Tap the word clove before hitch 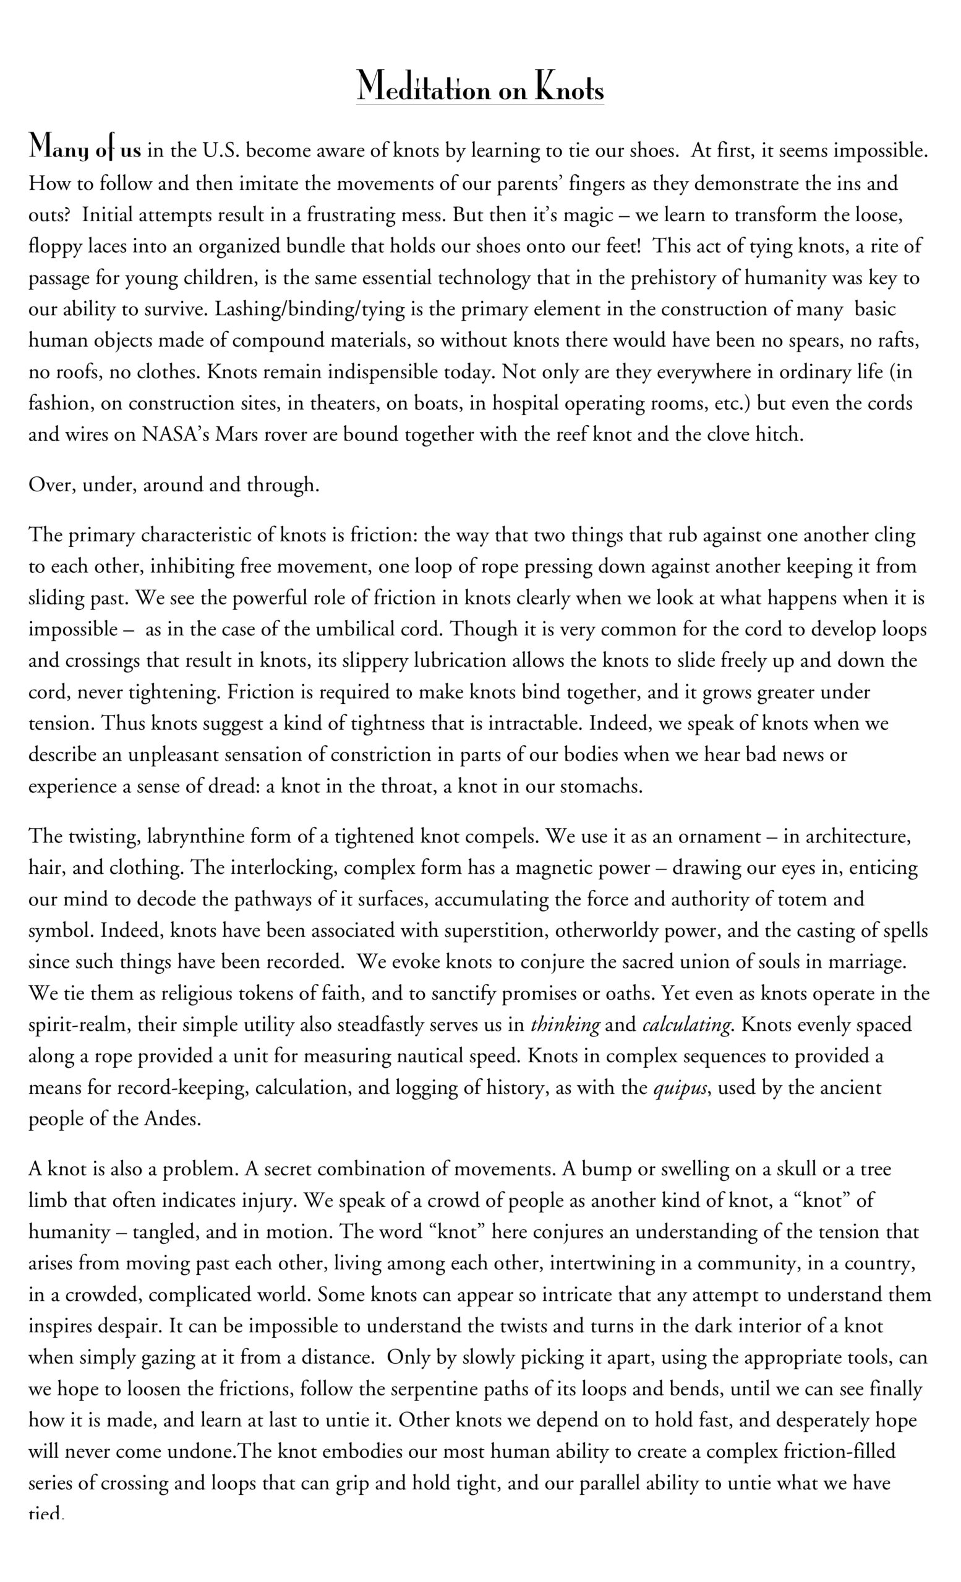(728, 434)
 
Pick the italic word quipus (681, 1088)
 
